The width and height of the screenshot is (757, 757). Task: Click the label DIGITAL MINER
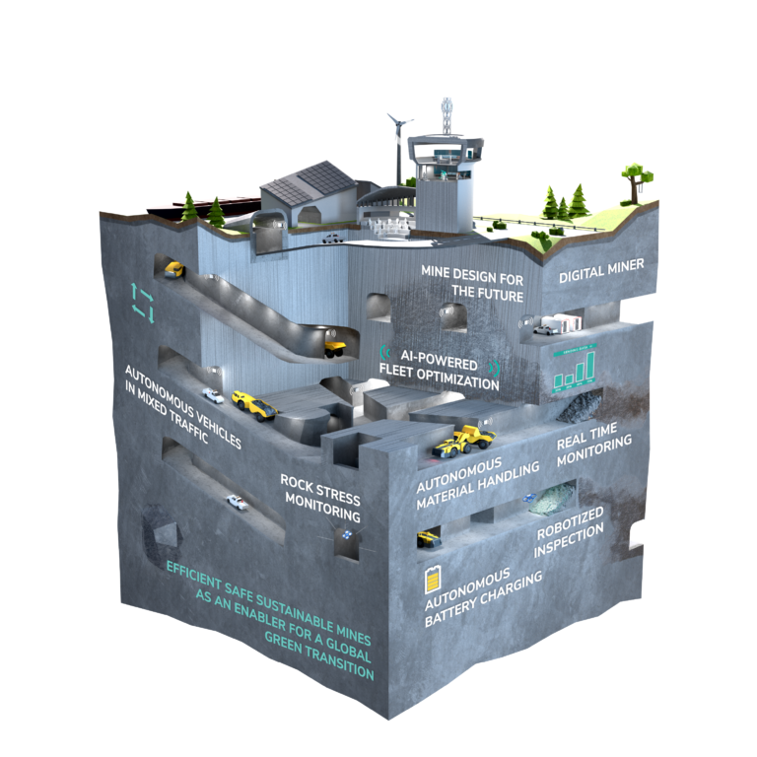pos(601,270)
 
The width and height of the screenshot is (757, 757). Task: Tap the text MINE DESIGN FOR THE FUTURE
pos(473,284)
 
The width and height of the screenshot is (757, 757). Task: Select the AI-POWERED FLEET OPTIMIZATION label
pos(440,371)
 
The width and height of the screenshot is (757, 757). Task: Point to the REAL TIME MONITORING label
pos(593,445)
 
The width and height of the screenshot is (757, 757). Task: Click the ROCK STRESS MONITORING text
pos(321,498)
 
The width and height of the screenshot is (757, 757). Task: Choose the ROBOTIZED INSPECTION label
pos(570,531)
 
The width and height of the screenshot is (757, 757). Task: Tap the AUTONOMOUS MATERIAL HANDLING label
pos(477,483)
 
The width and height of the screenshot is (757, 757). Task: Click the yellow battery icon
pos(433,580)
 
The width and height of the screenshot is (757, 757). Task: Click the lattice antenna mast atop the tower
pos(447,117)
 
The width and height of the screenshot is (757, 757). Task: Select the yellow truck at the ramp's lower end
pos(334,349)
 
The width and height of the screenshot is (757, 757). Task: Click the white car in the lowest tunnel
pos(237,502)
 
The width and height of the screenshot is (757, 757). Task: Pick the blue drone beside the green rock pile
pos(530,498)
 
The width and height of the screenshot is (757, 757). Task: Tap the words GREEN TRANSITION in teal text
pos(319,656)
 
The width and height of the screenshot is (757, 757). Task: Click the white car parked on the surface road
pos(332,239)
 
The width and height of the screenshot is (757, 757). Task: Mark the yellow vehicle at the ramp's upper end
pos(174,270)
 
